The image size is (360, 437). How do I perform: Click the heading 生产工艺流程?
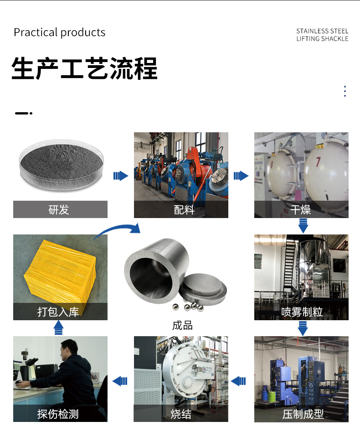pyautogui.click(x=85, y=68)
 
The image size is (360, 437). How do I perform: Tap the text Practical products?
pyautogui.click(x=60, y=32)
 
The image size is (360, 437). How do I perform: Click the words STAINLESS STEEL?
pyautogui.click(x=322, y=31)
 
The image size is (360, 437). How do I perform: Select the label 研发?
pyautogui.click(x=59, y=209)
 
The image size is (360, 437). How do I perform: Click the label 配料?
pyautogui.click(x=184, y=209)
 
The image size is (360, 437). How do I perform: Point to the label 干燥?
pyautogui.click(x=300, y=209)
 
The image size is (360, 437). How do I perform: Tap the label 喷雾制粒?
pyautogui.click(x=302, y=312)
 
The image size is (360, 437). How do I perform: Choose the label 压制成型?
pyautogui.click(x=303, y=414)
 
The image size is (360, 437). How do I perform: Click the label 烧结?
pyautogui.click(x=181, y=414)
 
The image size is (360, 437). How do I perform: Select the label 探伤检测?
pyautogui.click(x=58, y=414)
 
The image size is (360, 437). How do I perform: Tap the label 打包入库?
pyautogui.click(x=58, y=312)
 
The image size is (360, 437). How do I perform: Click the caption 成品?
pyautogui.click(x=182, y=325)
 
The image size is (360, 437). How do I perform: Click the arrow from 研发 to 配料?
pyautogui.click(x=121, y=176)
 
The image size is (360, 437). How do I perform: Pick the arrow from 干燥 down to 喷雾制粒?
pyautogui.click(x=303, y=226)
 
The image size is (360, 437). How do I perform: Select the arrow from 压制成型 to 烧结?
pyautogui.click(x=238, y=381)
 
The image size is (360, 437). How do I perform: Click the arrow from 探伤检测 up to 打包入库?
pyautogui.click(x=58, y=328)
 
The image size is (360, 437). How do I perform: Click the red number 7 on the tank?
pyautogui.click(x=318, y=161)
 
